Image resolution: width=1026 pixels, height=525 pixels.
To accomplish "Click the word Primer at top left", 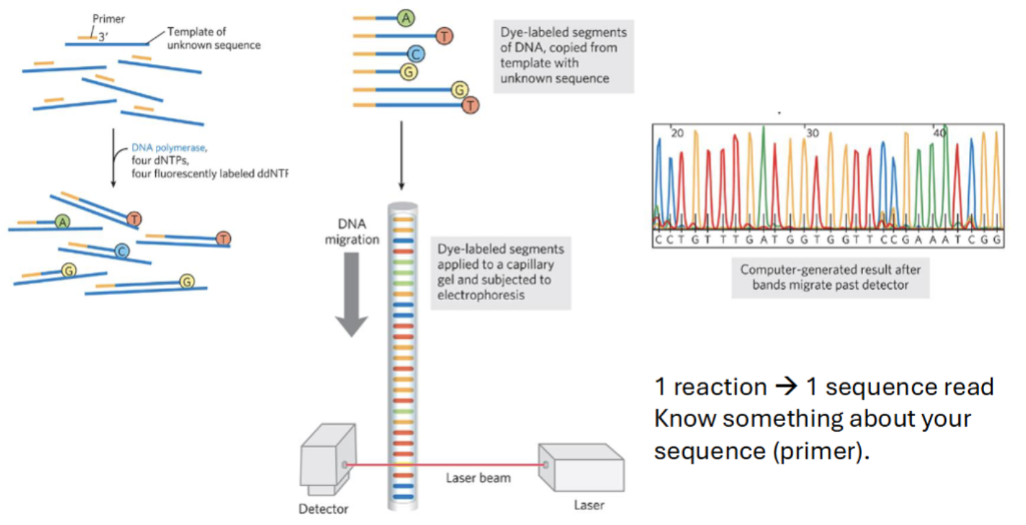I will pos(108,19).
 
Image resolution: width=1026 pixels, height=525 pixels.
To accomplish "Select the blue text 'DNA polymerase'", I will pos(169,148).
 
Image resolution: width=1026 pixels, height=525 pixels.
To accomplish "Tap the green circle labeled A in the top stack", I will pos(406,19).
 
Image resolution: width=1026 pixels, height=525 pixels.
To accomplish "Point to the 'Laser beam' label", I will pos(478,478).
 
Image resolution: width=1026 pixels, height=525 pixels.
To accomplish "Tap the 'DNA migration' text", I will pos(352,232).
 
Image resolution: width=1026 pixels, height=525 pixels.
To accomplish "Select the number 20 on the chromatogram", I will pos(677,133).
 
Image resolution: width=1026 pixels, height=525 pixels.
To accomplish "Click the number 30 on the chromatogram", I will pos(812,133).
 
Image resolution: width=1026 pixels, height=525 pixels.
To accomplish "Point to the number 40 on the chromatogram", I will pos(940,133).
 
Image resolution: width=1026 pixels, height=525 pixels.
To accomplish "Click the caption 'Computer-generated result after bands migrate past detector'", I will pos(830,277).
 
